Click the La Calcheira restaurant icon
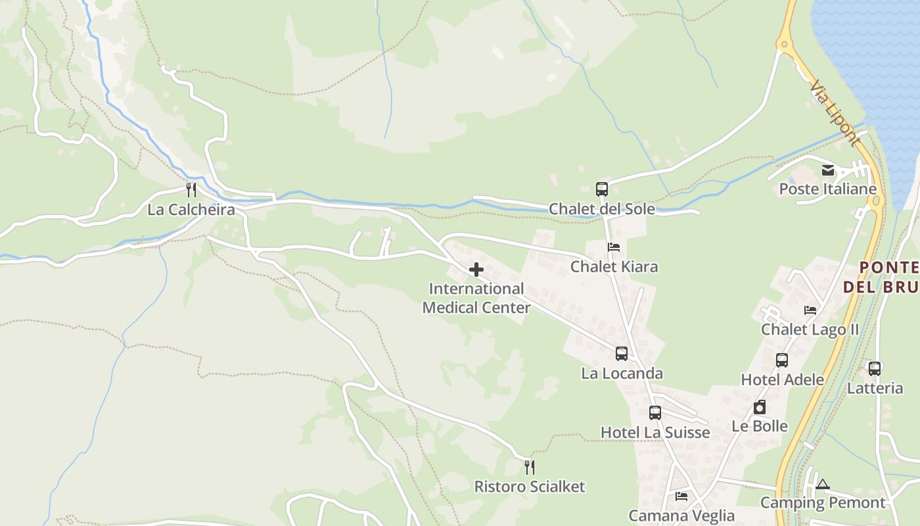coord(191,190)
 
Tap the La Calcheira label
coord(191,210)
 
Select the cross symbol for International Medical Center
coord(476,270)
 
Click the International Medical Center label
coord(476,298)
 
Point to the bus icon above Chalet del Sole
coord(602,189)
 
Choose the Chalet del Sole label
coord(602,209)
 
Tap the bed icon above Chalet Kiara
coord(614,247)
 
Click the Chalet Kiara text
coord(614,266)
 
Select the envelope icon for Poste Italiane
coord(828,170)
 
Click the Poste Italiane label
coord(828,189)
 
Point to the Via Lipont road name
coord(835,113)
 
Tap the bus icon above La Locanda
coord(622,354)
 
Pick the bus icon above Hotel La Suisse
coord(655,413)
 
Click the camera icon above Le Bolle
coord(760,407)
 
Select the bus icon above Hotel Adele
coord(782,360)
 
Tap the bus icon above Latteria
coord(875,369)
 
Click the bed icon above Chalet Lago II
coord(810,310)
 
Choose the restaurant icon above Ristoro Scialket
coord(530,467)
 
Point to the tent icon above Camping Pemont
coord(823,485)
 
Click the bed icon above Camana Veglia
coord(681,496)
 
